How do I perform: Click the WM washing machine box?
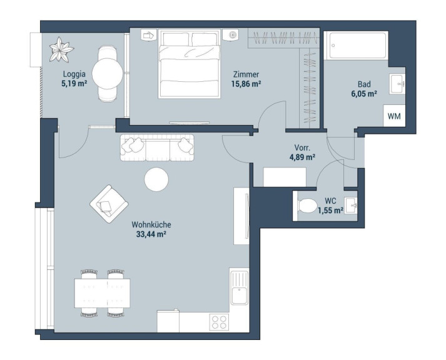coord(394,116)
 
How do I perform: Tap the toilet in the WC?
coord(307,205)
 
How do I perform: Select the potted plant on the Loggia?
coord(61,49)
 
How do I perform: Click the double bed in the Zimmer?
coord(190,64)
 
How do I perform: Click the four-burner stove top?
coord(219,322)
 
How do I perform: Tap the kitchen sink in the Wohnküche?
coord(239,287)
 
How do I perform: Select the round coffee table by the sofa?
coord(156,179)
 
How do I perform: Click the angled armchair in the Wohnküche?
coord(109,204)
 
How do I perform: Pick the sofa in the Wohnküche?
coord(157,147)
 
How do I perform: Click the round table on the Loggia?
coord(108,74)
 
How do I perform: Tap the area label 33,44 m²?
coord(151,234)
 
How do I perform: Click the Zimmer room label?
coord(246,74)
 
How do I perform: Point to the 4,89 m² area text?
coord(302,157)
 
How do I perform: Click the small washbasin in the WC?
coord(351,205)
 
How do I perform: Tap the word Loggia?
coord(74,74)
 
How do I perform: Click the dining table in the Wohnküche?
coord(103,293)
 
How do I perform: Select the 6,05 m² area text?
coord(364,94)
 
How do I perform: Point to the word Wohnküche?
coord(151,224)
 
